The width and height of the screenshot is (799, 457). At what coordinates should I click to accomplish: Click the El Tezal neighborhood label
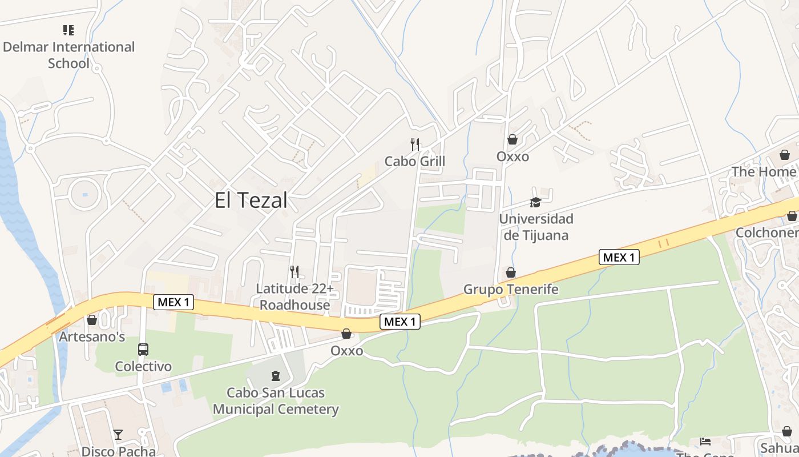[251, 201]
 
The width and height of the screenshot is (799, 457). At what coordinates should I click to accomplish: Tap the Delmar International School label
[68, 55]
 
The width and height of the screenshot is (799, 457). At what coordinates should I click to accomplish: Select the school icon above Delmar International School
[68, 30]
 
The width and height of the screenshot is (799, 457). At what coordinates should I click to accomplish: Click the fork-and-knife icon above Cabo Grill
[415, 144]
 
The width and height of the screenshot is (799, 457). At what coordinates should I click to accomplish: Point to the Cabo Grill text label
[415, 161]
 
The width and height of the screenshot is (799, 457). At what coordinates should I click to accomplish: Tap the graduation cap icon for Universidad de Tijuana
[535, 202]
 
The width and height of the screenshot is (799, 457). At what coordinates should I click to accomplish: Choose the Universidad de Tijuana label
[536, 227]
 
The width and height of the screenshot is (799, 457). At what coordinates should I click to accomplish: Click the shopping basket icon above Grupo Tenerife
[511, 272]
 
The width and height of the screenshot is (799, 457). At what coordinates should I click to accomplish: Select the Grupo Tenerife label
[511, 289]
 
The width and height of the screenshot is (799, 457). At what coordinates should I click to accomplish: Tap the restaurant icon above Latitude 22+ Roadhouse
[294, 271]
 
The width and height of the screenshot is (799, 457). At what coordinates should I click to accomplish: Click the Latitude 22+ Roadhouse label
[294, 296]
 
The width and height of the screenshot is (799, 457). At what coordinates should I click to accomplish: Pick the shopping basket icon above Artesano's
[92, 320]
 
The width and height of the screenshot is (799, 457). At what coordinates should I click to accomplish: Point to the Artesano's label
[92, 336]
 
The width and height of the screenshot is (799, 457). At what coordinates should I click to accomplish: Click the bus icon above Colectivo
[143, 349]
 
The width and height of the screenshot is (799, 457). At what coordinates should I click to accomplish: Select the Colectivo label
[143, 366]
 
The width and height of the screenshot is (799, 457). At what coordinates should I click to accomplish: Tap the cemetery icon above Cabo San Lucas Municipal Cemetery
[276, 376]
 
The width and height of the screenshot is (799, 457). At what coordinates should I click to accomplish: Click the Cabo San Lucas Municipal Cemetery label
[276, 401]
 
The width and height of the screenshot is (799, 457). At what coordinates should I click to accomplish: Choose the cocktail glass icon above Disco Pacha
[118, 435]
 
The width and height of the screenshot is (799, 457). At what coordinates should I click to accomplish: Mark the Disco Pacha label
[118, 451]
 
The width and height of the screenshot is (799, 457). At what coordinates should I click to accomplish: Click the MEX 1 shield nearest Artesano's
[173, 302]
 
